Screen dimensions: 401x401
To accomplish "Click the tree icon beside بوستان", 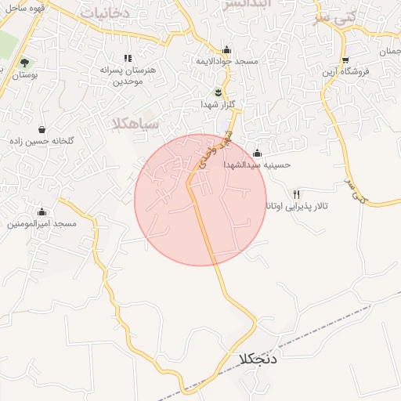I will (x=25, y=62).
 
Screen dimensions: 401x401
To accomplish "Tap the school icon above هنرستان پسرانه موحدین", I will (x=128, y=58).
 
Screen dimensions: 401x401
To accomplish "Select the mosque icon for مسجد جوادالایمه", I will (x=227, y=49).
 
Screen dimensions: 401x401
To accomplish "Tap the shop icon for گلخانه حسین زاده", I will (x=42, y=130).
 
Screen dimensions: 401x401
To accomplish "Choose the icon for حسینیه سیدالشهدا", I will (x=257, y=153).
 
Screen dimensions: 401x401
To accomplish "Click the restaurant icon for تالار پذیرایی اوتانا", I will (x=296, y=193).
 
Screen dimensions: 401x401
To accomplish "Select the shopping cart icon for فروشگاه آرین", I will (x=345, y=60).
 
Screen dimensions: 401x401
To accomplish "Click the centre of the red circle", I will (x=200, y=200).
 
